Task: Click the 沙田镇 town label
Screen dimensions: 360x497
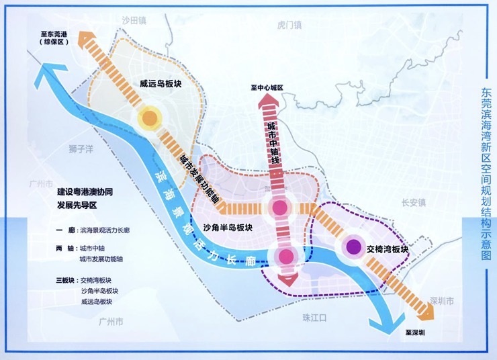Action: [134, 21]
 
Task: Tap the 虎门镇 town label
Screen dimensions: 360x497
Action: [290, 25]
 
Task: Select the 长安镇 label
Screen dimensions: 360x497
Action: [414, 202]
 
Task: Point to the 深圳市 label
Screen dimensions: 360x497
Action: [442, 300]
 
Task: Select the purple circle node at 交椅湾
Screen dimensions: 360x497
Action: [352, 248]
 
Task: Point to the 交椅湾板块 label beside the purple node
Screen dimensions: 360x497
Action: [388, 249]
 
